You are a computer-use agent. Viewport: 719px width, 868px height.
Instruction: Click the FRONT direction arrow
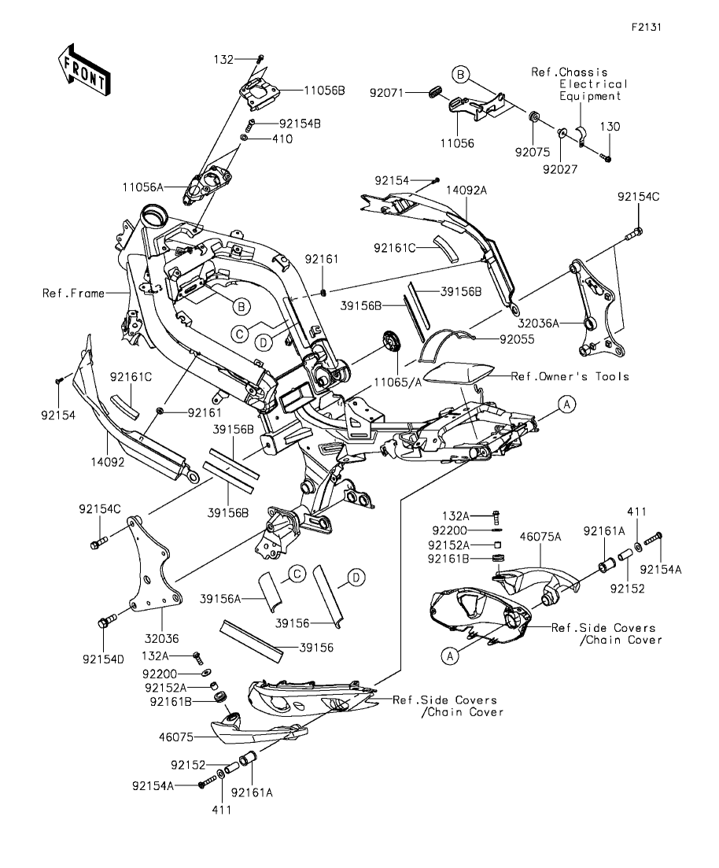click(x=84, y=71)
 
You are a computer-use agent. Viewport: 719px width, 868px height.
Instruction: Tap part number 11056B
click(x=324, y=90)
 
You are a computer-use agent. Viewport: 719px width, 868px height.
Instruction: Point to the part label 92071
click(x=387, y=93)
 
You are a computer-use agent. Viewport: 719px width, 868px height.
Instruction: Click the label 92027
click(x=560, y=169)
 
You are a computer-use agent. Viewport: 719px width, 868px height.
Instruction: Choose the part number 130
click(x=610, y=127)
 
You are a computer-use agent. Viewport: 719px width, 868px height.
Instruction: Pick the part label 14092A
click(x=466, y=190)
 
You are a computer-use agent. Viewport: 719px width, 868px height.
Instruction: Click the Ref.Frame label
click(x=74, y=293)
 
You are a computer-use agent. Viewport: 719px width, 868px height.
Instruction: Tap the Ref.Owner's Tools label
click(x=570, y=376)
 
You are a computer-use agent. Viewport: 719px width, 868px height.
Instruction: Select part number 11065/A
click(x=397, y=382)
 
